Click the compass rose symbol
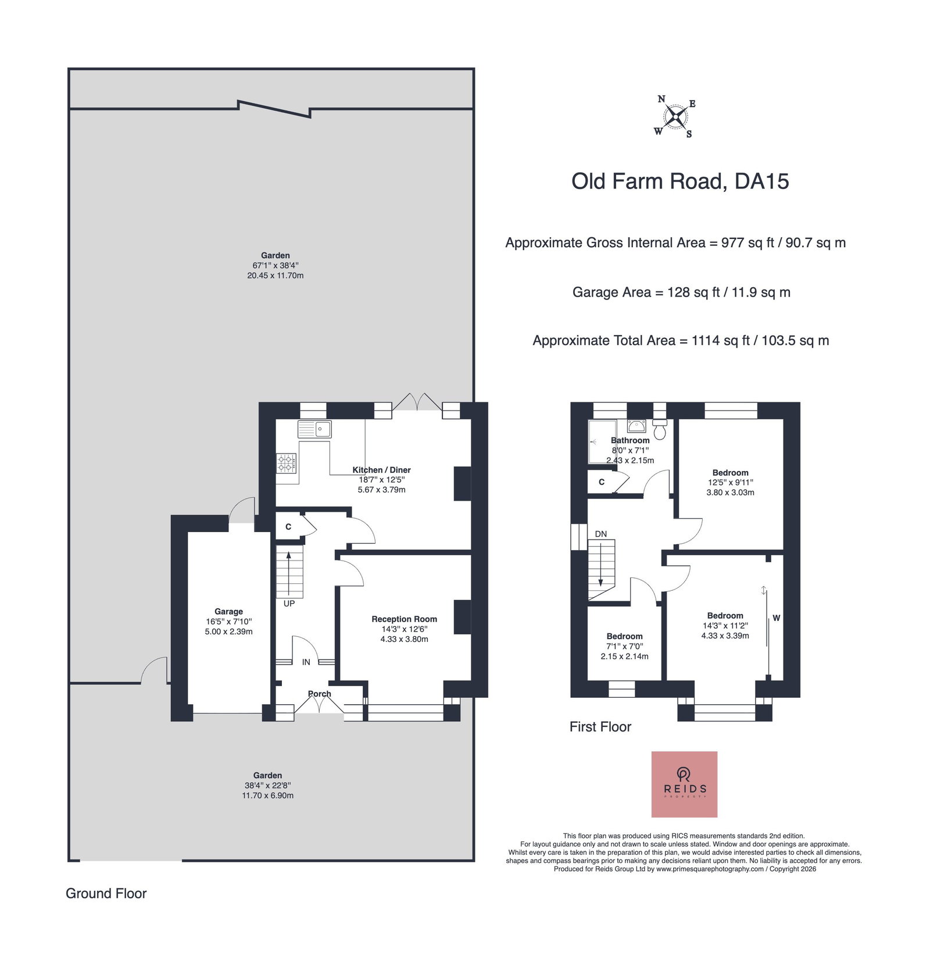(x=675, y=117)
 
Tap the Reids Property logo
(x=684, y=784)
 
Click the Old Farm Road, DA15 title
(x=680, y=181)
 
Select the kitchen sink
(x=314, y=429)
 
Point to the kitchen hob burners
(x=287, y=463)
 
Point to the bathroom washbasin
(x=636, y=426)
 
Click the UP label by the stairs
(x=289, y=604)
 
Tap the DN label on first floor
(x=601, y=534)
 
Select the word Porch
(x=319, y=694)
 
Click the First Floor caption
(x=600, y=727)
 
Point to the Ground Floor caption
(x=106, y=894)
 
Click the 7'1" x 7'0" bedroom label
(x=625, y=647)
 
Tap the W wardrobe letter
(x=777, y=618)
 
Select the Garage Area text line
(x=681, y=292)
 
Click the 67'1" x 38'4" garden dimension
(x=276, y=265)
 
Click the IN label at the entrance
(x=306, y=662)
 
